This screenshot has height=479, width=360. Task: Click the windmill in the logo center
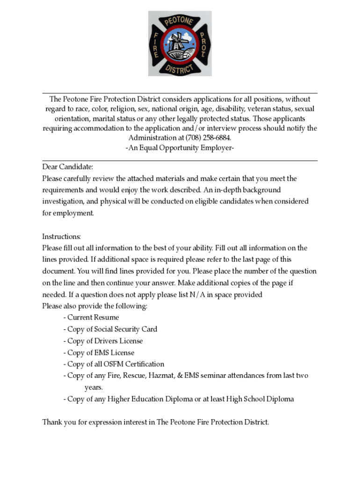[x=180, y=44]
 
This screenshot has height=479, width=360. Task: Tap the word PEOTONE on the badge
[x=180, y=21]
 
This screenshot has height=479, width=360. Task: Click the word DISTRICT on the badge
[x=180, y=69]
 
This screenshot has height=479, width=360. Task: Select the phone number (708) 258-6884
[x=208, y=138]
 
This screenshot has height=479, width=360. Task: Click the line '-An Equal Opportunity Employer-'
[x=180, y=148]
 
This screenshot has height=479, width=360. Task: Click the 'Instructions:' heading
[x=62, y=236]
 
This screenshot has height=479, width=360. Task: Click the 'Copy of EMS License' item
[x=101, y=353]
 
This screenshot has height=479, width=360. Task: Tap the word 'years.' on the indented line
[x=94, y=387]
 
